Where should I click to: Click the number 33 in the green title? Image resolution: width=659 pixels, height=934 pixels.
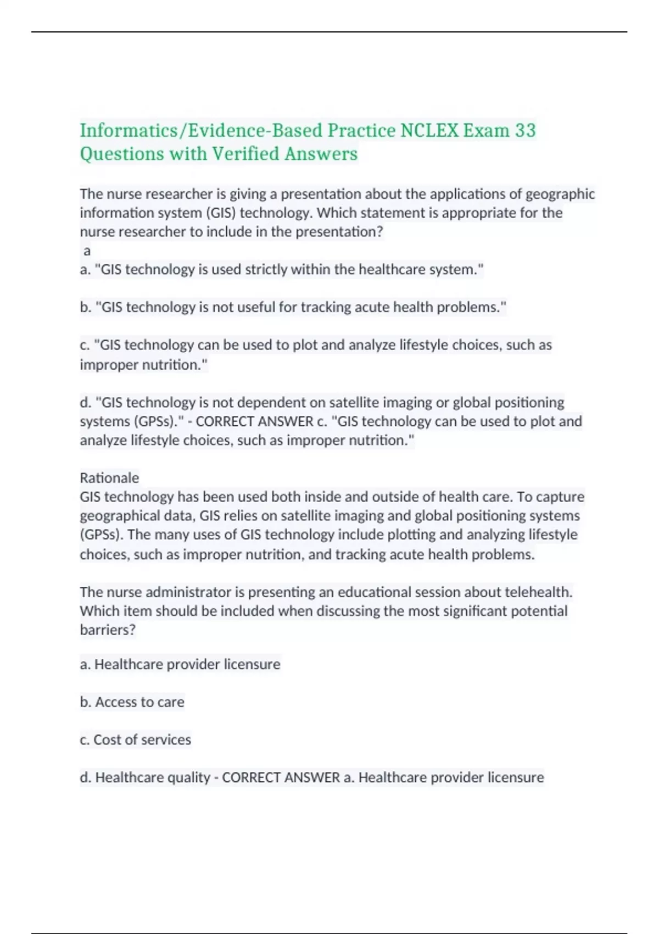pyautogui.click(x=525, y=130)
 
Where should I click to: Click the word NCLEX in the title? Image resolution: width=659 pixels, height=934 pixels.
pyautogui.click(x=429, y=130)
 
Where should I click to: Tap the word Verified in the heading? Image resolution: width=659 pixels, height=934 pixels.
pyautogui.click(x=245, y=154)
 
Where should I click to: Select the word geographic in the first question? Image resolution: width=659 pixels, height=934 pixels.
pyautogui.click(x=560, y=194)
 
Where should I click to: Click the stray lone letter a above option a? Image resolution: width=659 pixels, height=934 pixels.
pyautogui.click(x=87, y=251)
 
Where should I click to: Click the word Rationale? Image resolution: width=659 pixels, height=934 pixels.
pyautogui.click(x=109, y=477)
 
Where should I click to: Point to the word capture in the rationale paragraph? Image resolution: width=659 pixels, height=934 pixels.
pyautogui.click(x=560, y=497)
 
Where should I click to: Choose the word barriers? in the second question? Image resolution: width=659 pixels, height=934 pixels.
pyautogui.click(x=108, y=630)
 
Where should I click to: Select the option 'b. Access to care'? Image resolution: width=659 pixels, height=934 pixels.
pyautogui.click(x=132, y=702)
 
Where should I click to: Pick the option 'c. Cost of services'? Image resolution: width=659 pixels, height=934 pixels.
pyautogui.click(x=135, y=740)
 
